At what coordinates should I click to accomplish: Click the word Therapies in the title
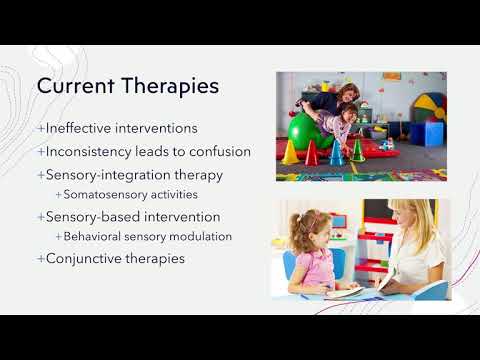(x=171, y=87)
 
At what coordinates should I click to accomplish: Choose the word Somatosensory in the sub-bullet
(x=101, y=194)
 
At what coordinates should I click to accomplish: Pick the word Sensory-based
(x=91, y=216)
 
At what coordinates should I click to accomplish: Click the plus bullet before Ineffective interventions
(x=41, y=128)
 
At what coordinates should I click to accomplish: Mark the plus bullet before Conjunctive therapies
(x=41, y=258)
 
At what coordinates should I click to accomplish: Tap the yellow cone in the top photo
(x=291, y=152)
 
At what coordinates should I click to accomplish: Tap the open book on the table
(x=345, y=292)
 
